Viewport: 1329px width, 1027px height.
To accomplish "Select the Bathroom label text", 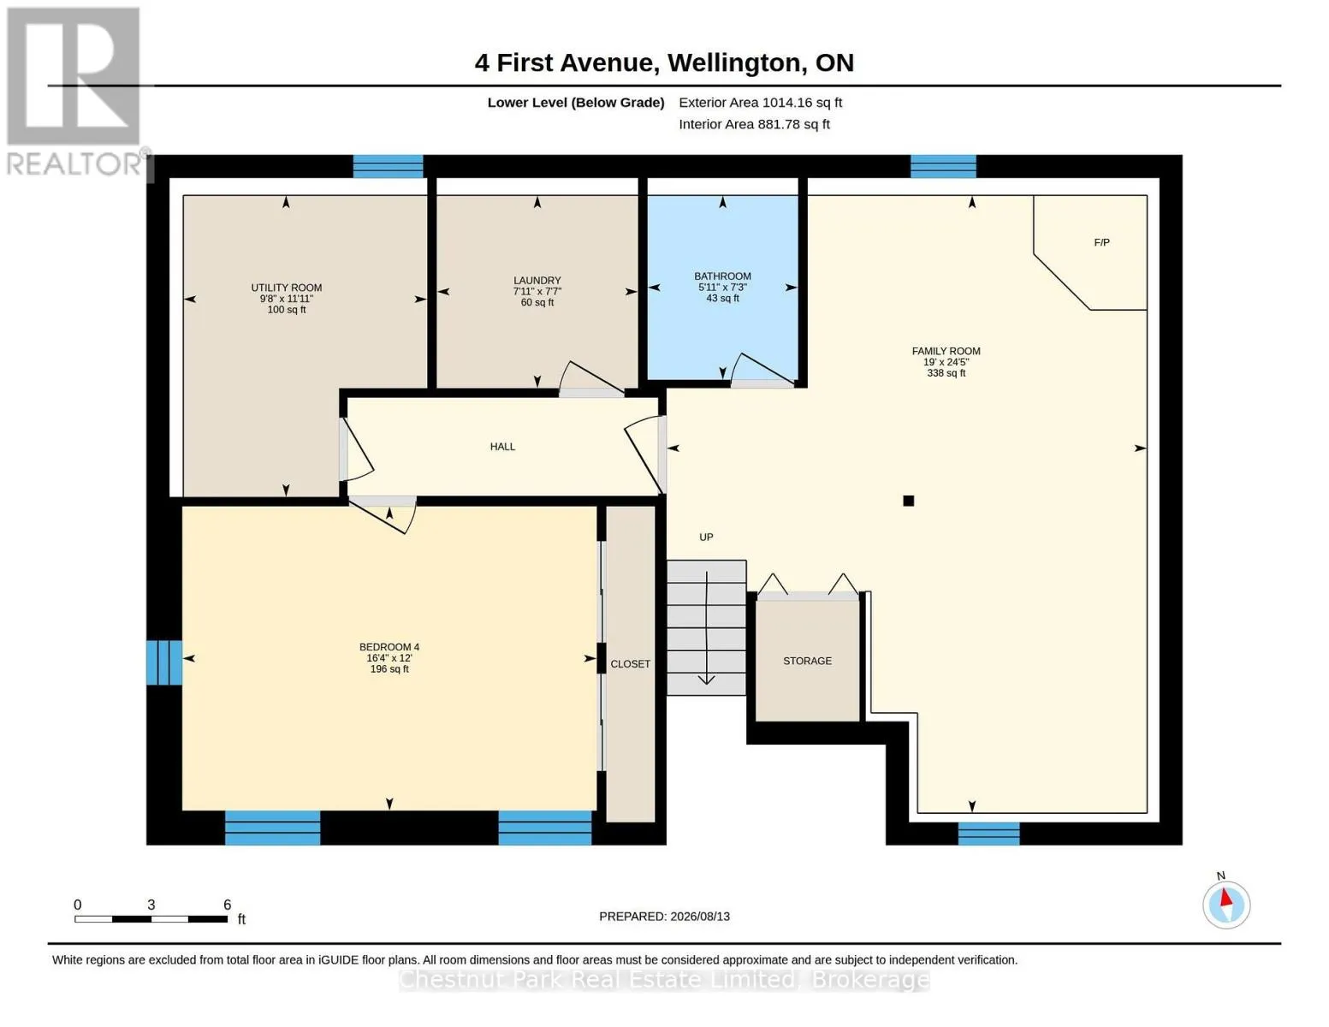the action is (722, 276).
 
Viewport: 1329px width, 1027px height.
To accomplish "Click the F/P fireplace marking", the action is (1101, 242).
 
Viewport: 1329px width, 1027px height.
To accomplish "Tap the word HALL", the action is (502, 447).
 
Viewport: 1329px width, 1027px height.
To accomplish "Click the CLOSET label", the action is (630, 663).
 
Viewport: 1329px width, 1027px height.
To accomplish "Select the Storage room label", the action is (807, 661).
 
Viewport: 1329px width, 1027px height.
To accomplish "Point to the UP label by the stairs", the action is (706, 537).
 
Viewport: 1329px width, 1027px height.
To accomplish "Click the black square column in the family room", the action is (908, 501).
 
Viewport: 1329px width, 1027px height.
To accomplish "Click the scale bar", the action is (151, 918).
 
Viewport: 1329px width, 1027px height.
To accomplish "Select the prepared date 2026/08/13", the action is (700, 917).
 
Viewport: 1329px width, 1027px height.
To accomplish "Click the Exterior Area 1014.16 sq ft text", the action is (760, 103).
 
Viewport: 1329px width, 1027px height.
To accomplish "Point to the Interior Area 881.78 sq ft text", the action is (754, 124).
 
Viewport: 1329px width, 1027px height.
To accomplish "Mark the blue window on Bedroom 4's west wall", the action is (164, 662).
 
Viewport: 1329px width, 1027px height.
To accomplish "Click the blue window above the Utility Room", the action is (389, 166).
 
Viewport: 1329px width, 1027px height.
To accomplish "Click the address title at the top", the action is (664, 62).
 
